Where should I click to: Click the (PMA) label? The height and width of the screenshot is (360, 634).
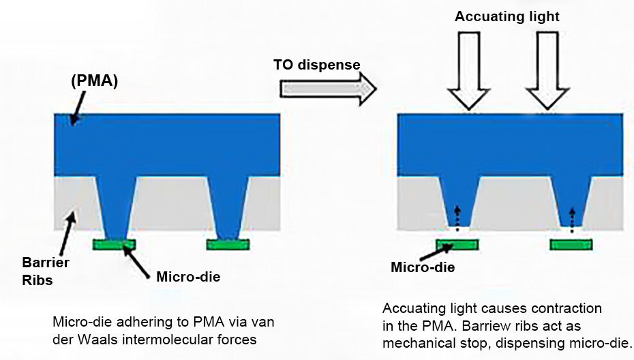pyautogui.click(x=94, y=81)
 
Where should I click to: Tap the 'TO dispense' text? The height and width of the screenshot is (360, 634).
pyautogui.click(x=316, y=65)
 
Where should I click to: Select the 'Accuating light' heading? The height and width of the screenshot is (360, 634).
pyautogui.click(x=507, y=16)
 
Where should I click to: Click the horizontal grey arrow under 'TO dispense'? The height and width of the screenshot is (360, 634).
pyautogui.click(x=328, y=89)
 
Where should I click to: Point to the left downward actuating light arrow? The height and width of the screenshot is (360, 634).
pyautogui.click(x=469, y=71)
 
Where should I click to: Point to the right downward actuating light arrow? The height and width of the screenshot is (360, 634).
pyautogui.click(x=547, y=71)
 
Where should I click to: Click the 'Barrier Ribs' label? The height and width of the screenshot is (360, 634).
pyautogui.click(x=46, y=271)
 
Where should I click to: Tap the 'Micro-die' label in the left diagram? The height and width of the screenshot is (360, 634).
pyautogui.click(x=188, y=277)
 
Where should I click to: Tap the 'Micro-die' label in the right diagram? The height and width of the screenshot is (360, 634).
pyautogui.click(x=423, y=267)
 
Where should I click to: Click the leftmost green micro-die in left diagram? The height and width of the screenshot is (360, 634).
pyautogui.click(x=114, y=244)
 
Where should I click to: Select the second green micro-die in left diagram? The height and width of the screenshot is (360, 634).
pyautogui.click(x=228, y=244)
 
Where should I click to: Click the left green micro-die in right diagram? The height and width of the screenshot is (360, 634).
pyautogui.click(x=457, y=244)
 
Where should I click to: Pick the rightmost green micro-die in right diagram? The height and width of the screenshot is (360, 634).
pyautogui.click(x=571, y=244)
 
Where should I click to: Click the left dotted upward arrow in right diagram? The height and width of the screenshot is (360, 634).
pyautogui.click(x=457, y=218)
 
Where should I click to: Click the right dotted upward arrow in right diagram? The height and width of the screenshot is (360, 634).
pyautogui.click(x=572, y=220)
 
